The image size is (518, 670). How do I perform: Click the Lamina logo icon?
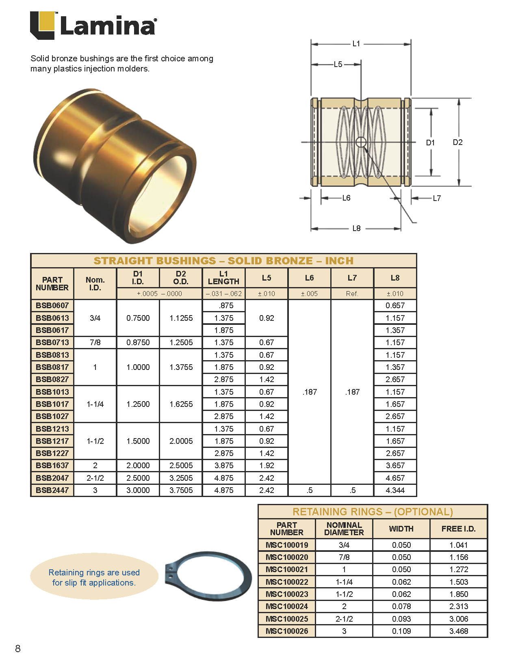click(43, 25)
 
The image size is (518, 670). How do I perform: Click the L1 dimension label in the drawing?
click(356, 43)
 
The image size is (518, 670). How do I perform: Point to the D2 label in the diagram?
click(457, 142)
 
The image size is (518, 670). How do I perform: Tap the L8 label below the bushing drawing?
click(356, 228)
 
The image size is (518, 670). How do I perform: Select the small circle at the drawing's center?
click(361, 142)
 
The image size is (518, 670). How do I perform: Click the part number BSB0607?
click(52, 305)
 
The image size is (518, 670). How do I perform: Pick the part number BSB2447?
click(52, 490)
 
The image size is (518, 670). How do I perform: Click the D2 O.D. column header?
click(181, 278)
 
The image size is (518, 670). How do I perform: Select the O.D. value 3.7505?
click(181, 490)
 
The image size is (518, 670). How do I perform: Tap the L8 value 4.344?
click(395, 490)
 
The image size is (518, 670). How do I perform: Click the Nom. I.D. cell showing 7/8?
click(95, 342)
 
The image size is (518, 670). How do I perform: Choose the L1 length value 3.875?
click(224, 465)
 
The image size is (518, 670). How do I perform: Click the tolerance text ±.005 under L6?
click(309, 294)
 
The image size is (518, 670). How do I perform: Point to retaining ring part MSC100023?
click(287, 594)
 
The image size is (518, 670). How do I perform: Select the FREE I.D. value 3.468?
click(459, 631)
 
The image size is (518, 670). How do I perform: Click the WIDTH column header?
click(401, 529)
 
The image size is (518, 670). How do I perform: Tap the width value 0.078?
click(401, 606)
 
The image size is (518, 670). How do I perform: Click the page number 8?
click(17, 648)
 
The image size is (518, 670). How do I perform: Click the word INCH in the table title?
click(339, 261)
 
